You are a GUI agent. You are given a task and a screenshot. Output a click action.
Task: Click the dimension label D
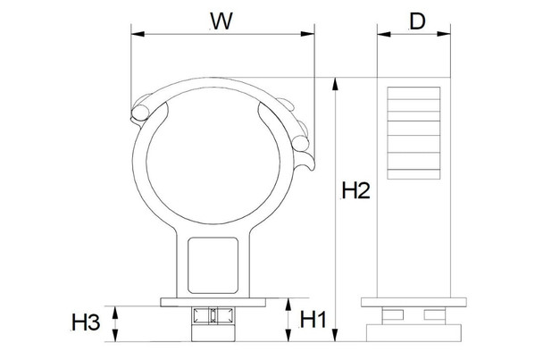416,21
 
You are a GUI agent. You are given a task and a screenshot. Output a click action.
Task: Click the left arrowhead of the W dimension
136,36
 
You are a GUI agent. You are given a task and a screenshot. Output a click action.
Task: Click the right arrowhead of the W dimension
313,36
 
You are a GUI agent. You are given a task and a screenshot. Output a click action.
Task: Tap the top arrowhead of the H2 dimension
336,83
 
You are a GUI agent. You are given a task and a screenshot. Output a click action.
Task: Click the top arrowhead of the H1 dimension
287,306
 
